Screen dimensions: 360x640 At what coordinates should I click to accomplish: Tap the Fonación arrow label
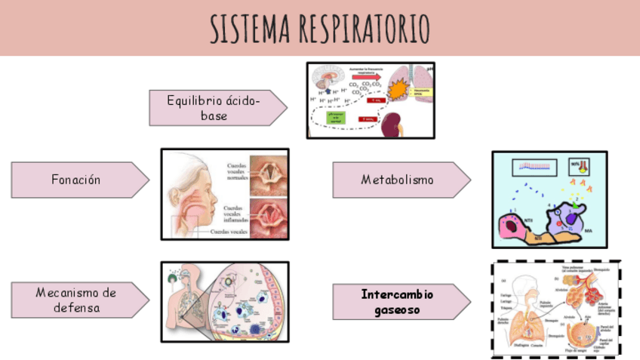[76, 180]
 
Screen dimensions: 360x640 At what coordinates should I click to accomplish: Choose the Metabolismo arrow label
[397, 180]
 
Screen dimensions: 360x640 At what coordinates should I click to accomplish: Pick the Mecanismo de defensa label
[75, 300]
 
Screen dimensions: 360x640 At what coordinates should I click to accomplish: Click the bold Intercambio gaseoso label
[396, 301]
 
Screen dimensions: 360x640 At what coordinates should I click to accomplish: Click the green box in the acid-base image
[334, 117]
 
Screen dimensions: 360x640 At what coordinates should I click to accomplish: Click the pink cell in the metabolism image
[513, 227]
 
